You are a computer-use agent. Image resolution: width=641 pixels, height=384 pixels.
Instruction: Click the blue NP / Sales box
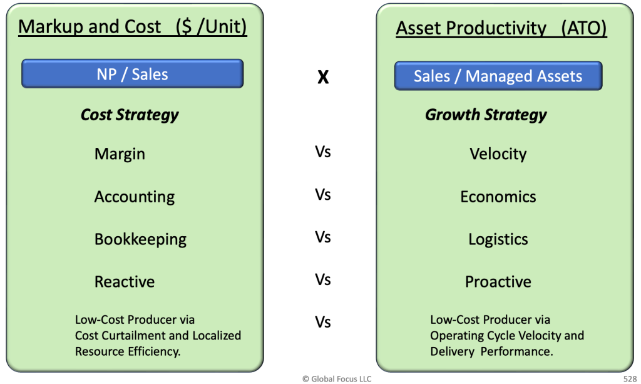(133, 74)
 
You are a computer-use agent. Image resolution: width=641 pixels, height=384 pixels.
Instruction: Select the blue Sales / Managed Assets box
(498, 76)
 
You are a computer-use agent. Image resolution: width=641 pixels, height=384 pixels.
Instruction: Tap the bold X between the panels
(323, 76)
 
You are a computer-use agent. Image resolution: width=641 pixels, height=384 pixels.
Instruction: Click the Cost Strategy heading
(130, 115)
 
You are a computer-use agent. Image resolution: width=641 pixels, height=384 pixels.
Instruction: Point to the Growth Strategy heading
(486, 115)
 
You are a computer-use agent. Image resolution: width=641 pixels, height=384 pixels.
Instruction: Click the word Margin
(120, 154)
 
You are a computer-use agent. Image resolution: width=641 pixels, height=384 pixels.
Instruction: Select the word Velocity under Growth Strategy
(498, 154)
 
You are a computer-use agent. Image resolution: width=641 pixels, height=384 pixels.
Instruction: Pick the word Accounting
(135, 197)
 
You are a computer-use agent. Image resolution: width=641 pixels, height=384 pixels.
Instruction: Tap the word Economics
(498, 197)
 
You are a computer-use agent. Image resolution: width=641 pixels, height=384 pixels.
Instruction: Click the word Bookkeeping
(140, 240)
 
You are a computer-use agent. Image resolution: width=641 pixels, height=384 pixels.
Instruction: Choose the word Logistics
(498, 240)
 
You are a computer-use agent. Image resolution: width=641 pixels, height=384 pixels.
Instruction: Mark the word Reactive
(125, 282)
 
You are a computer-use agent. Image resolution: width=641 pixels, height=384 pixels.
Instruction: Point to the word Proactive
(498, 282)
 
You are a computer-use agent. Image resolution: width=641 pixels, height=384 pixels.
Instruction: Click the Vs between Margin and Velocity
(323, 152)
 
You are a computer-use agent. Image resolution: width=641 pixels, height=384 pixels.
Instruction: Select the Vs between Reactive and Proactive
(323, 280)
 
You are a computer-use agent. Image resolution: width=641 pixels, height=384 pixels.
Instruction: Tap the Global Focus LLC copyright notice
(337, 379)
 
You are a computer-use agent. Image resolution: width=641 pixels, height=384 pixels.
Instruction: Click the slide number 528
(630, 379)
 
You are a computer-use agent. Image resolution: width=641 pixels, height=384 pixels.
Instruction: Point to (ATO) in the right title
(584, 28)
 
